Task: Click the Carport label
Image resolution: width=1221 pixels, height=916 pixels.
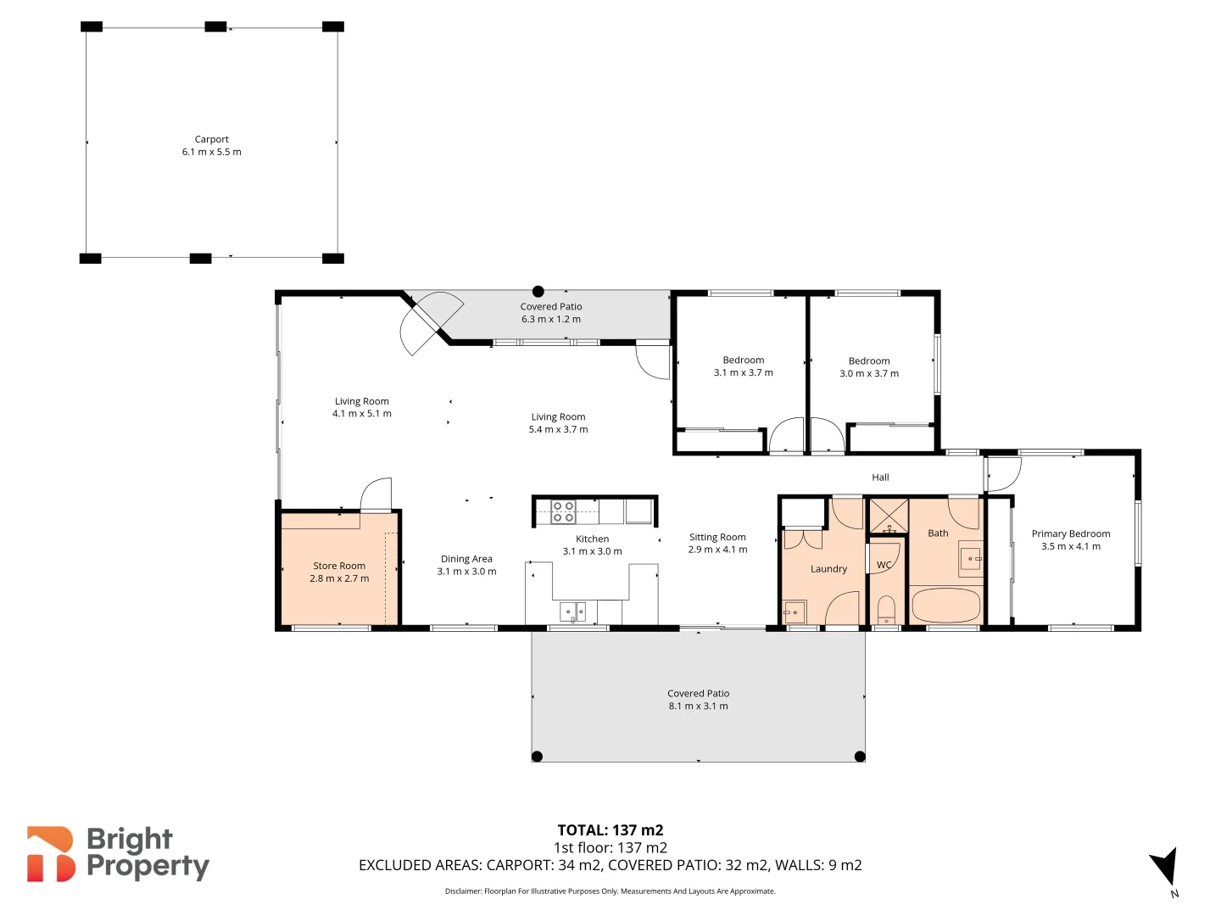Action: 211,139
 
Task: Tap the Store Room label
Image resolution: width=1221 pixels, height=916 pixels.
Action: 339,566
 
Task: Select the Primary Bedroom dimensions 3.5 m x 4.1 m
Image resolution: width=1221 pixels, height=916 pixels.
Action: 1071,546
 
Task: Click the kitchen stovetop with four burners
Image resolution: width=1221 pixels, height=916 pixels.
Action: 564,511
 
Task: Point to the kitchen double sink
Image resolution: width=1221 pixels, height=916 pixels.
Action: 573,611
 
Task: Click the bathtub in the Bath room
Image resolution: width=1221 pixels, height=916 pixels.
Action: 945,606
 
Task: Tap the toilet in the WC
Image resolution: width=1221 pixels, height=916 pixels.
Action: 886,609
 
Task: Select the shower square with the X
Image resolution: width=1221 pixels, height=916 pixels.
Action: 889,516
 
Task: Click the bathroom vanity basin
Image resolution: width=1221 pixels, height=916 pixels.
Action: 970,560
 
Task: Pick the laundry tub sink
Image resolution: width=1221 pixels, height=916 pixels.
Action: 794,612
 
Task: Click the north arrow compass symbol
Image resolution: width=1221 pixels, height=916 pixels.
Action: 1165,868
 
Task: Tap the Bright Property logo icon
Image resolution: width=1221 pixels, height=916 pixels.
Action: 51,854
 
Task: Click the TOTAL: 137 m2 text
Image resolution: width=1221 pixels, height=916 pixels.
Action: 610,830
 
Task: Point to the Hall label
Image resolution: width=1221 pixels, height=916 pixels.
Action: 880,478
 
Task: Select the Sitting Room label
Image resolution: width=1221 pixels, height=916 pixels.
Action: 717,537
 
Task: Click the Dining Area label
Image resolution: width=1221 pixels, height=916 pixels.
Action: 466,559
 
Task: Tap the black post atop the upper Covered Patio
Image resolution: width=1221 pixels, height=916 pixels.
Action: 538,292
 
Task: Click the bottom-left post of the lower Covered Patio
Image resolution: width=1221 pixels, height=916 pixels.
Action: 537,757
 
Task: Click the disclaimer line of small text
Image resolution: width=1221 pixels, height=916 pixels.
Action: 610,891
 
